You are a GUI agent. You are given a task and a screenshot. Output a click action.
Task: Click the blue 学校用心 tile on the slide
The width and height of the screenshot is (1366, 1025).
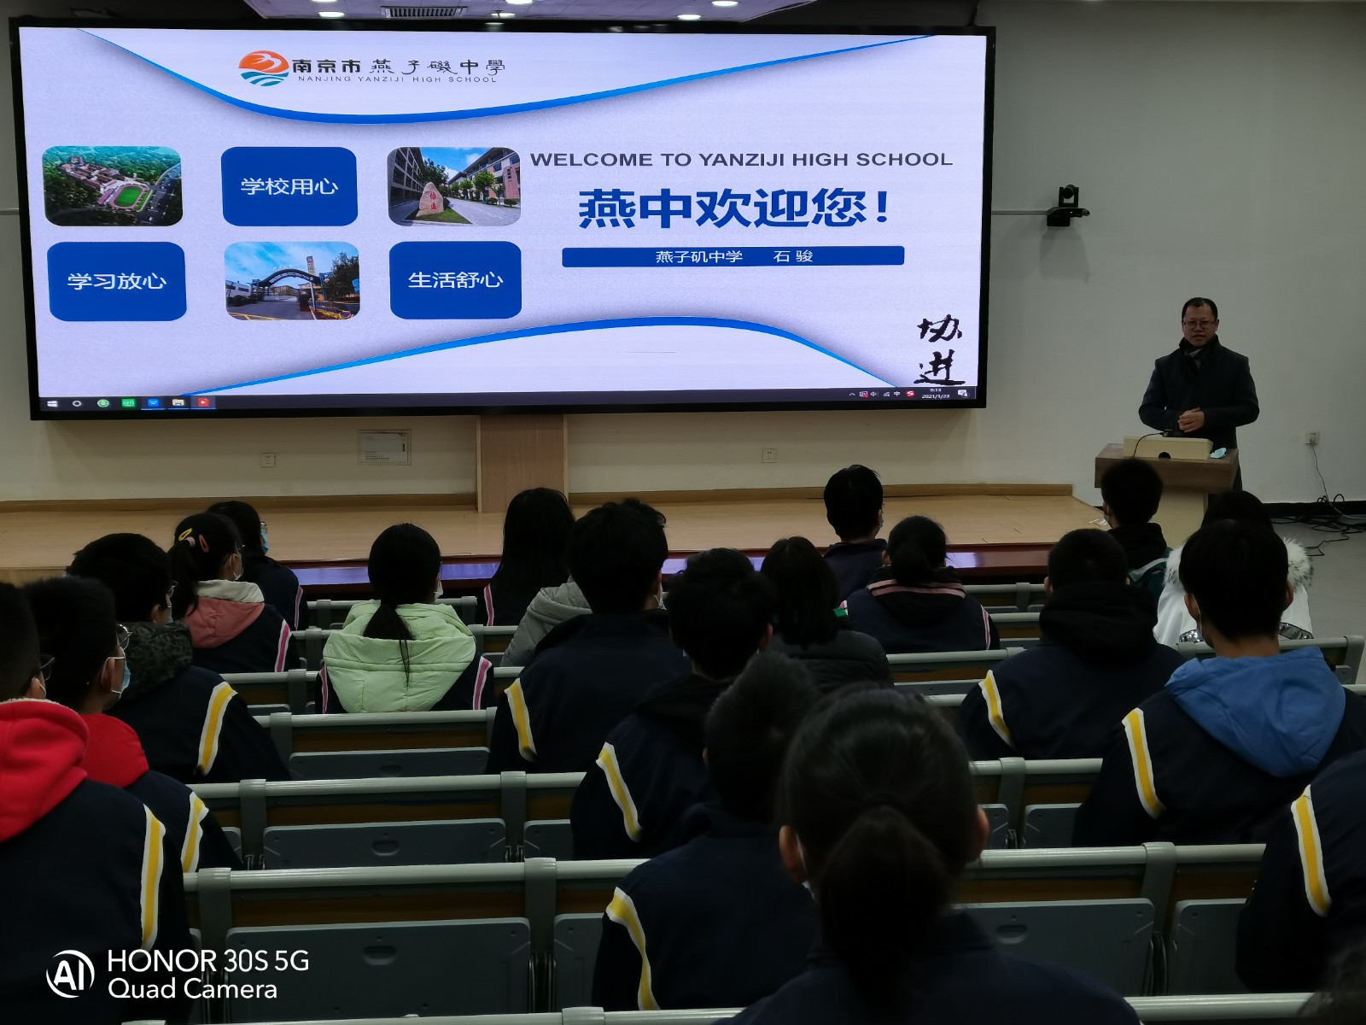click(289, 186)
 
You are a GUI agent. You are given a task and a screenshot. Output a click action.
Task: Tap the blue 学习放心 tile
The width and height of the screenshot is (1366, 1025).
click(117, 281)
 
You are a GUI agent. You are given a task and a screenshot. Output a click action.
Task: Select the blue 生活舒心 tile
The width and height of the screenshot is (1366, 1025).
click(455, 280)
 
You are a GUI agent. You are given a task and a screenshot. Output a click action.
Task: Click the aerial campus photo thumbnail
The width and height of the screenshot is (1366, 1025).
click(113, 186)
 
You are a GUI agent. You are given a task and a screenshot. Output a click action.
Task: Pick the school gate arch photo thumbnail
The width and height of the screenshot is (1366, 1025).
click(292, 281)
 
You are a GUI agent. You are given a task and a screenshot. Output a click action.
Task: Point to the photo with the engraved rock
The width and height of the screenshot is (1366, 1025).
click(453, 186)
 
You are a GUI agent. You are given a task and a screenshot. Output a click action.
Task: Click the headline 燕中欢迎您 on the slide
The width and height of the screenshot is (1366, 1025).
click(734, 208)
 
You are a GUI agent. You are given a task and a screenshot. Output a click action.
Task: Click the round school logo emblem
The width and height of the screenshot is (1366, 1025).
click(263, 67)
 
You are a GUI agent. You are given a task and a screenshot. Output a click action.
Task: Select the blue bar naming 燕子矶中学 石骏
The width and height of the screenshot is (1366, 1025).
click(733, 256)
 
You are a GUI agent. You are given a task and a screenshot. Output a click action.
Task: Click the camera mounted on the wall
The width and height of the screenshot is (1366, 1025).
click(1067, 206)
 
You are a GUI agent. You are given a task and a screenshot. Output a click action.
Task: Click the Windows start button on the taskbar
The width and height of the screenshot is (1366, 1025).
click(52, 403)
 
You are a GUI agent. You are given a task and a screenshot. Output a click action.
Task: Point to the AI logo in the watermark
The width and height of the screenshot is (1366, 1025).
click(70, 974)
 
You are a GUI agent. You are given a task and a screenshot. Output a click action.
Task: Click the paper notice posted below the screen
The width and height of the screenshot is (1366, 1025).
click(383, 447)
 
